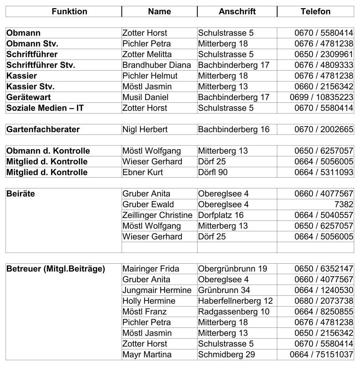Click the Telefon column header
tap(315, 11)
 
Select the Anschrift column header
tap(237, 11)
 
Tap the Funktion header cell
tap(69, 11)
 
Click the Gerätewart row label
tap(29, 97)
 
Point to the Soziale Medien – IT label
tap(45, 108)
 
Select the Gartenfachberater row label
tap(43, 129)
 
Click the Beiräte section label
tap(21, 194)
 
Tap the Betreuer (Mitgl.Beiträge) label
tap(56, 269)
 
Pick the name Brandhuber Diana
tap(157, 65)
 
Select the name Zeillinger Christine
tap(157, 215)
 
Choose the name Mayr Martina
tap(147, 355)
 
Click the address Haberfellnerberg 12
tap(235, 301)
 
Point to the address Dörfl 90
tap(213, 172)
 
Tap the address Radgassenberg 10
tap(234, 312)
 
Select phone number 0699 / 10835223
tap(321, 97)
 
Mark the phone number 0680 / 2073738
tap(324, 301)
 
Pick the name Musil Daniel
tap(146, 97)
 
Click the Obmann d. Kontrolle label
tap(48, 151)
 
